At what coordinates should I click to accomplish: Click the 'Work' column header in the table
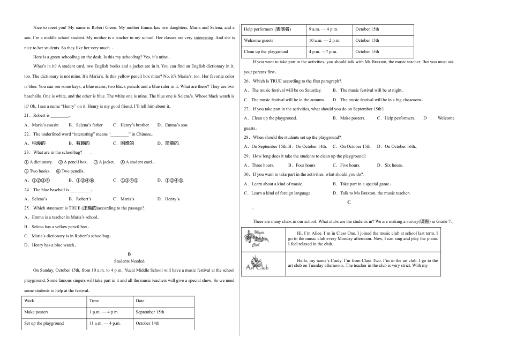point(29,301)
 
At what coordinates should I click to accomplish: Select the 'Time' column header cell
point(94,301)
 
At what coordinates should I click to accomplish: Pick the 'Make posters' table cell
point(36,312)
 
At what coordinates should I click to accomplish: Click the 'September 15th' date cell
point(150,312)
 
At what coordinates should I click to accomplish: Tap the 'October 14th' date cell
point(148,323)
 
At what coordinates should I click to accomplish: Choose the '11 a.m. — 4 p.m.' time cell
point(105,323)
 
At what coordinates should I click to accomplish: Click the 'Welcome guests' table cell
point(258,40)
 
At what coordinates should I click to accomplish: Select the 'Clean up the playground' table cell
point(266,51)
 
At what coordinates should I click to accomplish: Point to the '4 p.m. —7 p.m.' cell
point(323,51)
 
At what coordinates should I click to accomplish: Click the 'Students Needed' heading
point(130,261)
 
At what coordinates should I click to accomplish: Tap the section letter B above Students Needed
point(129,253)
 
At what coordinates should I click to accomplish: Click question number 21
point(27,115)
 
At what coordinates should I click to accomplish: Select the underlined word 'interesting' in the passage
point(204,38)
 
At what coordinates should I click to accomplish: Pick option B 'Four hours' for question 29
point(303,165)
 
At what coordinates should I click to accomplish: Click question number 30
point(247,174)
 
